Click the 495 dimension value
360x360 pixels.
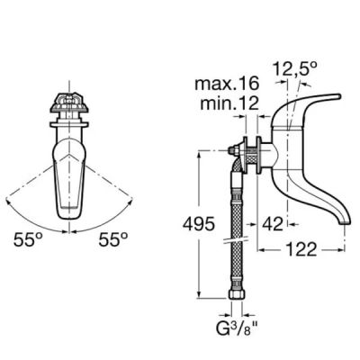click(x=199, y=224)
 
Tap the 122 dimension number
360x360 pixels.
click(x=301, y=249)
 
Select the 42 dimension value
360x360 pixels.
click(x=273, y=224)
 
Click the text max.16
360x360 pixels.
click(x=227, y=83)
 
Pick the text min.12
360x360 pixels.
click(x=229, y=103)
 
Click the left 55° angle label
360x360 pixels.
click(x=28, y=239)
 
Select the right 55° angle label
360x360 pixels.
click(x=113, y=239)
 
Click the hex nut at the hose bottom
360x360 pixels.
click(x=238, y=293)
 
